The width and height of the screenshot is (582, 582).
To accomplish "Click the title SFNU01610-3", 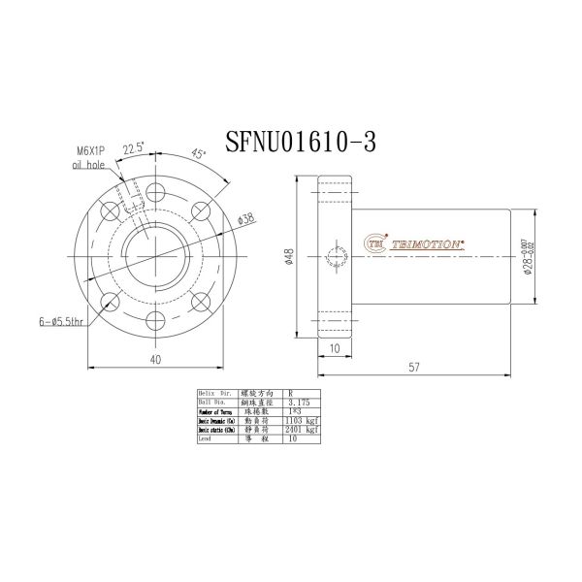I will (300, 142).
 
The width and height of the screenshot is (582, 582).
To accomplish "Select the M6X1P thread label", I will (91, 152).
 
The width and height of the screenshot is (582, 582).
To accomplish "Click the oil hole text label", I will (86, 166).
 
